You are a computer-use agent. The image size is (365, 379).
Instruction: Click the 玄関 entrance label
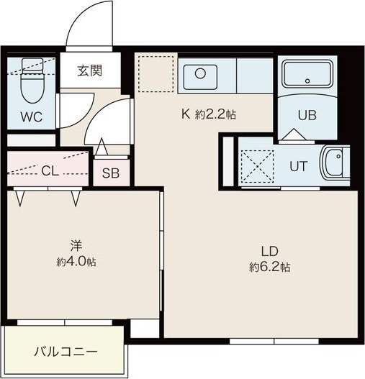coord(90,70)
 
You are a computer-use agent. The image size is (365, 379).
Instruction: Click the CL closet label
coord(50,170)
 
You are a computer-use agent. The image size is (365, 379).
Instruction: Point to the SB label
coord(110,173)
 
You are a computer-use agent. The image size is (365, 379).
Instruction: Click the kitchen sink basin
coord(200,74)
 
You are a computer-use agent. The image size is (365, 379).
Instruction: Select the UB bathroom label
coord(307,113)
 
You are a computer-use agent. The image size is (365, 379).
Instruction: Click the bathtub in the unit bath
coord(307,74)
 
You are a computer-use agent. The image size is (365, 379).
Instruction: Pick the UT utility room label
coord(298,165)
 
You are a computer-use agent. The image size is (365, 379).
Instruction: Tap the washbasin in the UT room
coord(334,165)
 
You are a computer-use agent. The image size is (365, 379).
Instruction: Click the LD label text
coord(269,251)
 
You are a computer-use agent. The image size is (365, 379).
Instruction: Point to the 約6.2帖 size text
coord(269,267)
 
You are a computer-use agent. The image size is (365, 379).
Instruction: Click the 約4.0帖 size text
coord(76,262)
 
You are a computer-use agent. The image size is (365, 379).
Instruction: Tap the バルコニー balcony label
coord(66,352)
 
